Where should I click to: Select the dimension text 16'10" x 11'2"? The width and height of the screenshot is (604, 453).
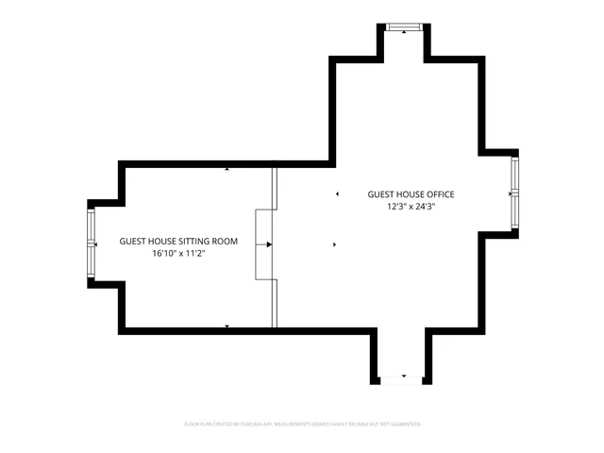pyautogui.click(x=178, y=254)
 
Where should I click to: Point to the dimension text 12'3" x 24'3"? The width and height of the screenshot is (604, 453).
pyautogui.click(x=411, y=207)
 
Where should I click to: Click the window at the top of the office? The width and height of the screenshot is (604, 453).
pyautogui.click(x=404, y=25)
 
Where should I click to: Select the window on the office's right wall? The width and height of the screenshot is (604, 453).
pyautogui.click(x=515, y=193)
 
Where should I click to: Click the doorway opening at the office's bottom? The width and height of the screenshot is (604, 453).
pyautogui.click(x=403, y=380)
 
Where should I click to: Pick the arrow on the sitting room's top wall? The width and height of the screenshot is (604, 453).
pyautogui.click(x=227, y=169)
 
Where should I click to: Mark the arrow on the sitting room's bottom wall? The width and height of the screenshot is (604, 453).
pyautogui.click(x=227, y=326)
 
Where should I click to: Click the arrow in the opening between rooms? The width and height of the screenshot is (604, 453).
pyautogui.click(x=269, y=244)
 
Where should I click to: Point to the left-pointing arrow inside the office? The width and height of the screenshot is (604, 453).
pyautogui.click(x=336, y=194)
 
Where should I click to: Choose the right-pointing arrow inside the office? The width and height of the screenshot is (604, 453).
pyautogui.click(x=335, y=244)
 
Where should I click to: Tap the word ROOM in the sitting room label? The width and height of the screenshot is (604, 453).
pyautogui.click(x=224, y=242)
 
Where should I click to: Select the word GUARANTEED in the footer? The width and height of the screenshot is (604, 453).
pyautogui.click(x=402, y=426)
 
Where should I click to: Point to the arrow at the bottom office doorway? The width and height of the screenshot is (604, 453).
pyautogui.click(x=403, y=376)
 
